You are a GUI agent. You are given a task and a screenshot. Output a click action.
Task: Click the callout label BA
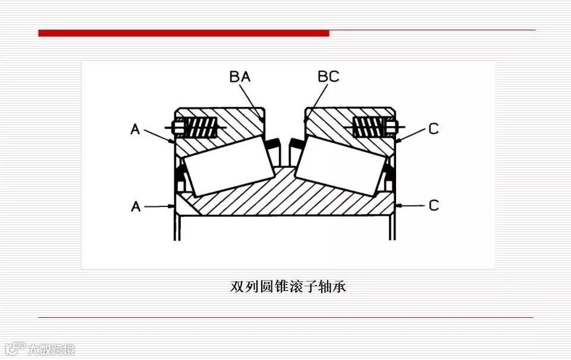(240, 77)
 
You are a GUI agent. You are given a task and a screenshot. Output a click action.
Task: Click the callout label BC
(328, 77)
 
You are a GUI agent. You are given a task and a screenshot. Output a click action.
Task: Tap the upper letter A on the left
(136, 129)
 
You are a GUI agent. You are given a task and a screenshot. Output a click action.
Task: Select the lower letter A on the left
(136, 206)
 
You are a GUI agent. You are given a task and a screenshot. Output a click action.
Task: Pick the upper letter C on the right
(434, 129)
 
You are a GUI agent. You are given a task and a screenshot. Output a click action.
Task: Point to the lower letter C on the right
(434, 205)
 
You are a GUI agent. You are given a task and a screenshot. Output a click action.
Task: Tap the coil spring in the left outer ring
(199, 127)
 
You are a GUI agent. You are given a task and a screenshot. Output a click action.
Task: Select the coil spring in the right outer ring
(369, 127)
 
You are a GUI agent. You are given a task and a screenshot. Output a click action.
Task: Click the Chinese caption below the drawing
(288, 286)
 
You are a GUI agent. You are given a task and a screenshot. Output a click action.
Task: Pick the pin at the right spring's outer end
(393, 127)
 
